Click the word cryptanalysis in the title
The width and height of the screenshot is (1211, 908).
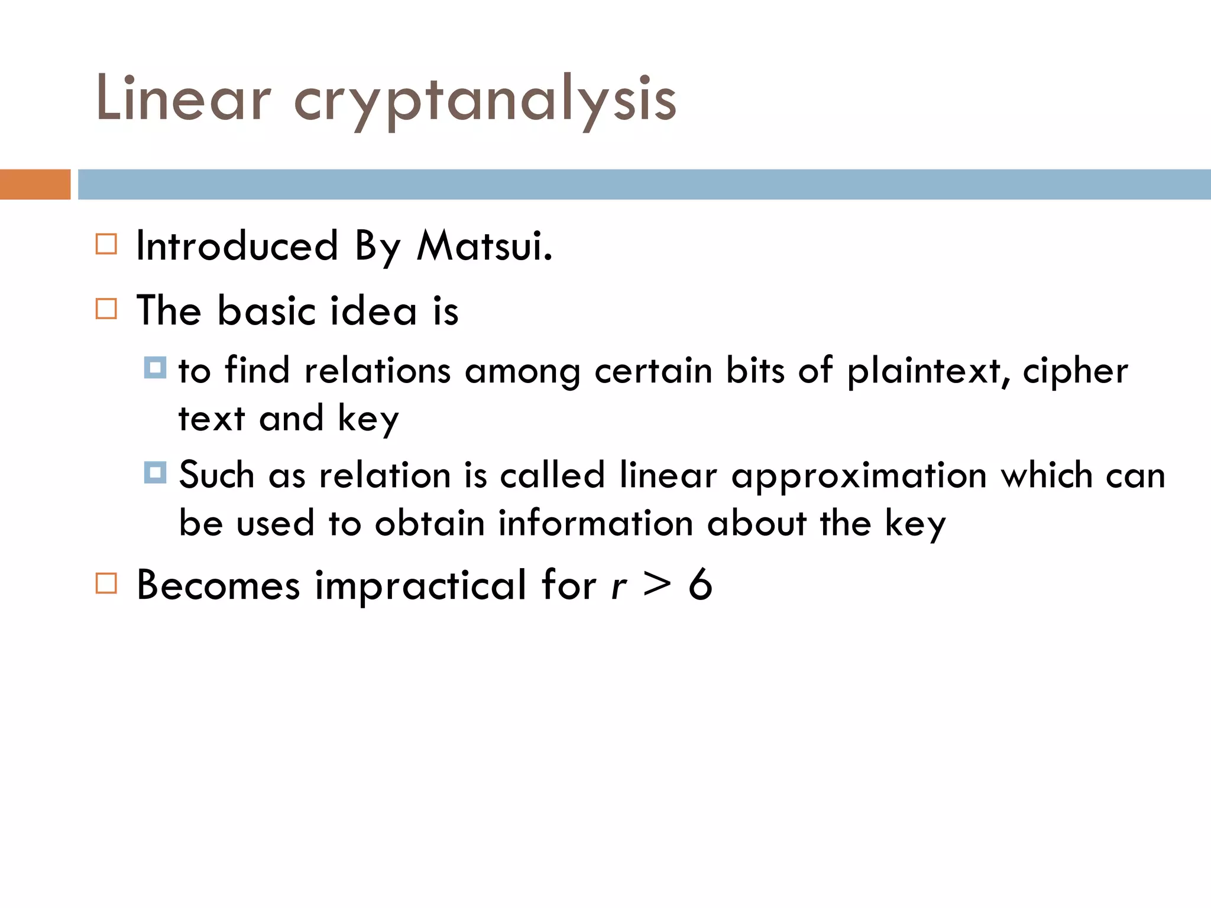(485, 100)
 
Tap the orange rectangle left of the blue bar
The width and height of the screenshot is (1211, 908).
(35, 184)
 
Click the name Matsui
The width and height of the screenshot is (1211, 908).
(484, 245)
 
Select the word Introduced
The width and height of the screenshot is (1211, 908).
(237, 245)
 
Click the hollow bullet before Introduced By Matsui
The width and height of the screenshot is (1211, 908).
(106, 244)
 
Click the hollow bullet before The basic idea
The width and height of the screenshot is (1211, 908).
(106, 309)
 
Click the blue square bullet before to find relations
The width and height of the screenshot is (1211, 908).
(155, 368)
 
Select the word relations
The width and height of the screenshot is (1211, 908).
(377, 371)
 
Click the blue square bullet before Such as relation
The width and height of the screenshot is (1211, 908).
(155, 472)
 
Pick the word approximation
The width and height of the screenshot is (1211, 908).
(859, 476)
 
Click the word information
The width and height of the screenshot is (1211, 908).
(595, 524)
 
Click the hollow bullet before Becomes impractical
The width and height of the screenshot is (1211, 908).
(106, 583)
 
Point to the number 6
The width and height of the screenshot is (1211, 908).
(700, 584)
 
